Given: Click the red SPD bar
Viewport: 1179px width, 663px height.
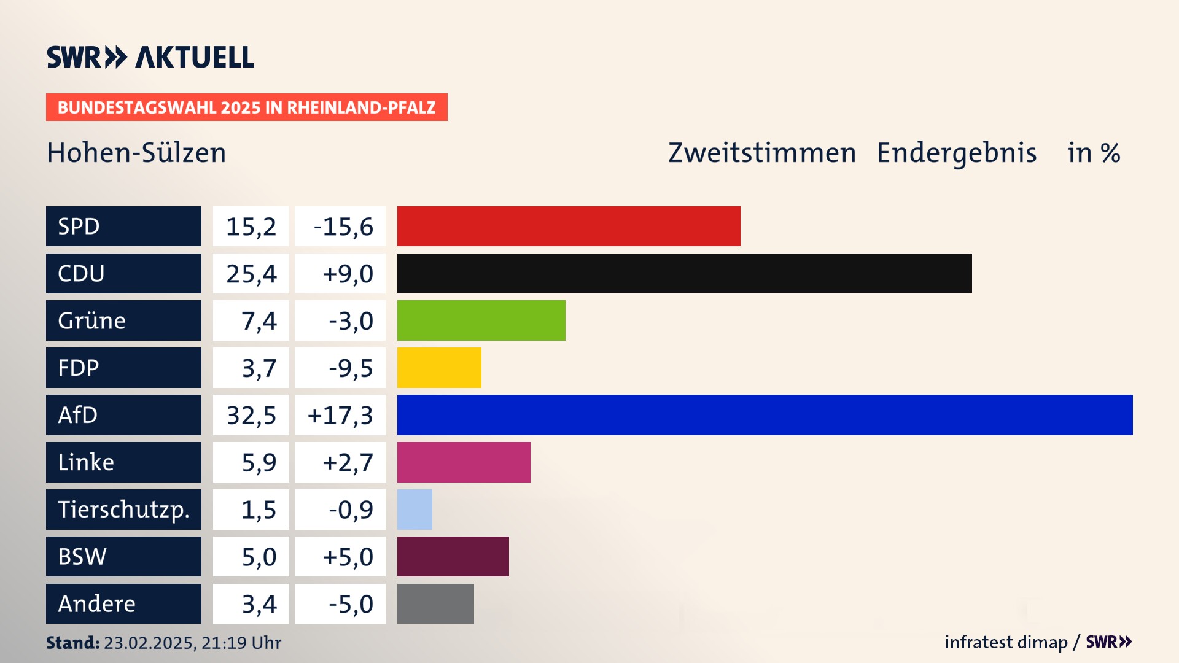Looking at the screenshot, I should [569, 226].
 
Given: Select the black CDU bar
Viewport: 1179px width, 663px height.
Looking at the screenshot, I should [684, 273].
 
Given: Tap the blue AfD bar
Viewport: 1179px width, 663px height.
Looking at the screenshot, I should [765, 415].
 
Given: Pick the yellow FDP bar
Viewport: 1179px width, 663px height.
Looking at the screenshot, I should [439, 368].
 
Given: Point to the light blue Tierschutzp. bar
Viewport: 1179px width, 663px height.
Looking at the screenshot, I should [414, 510].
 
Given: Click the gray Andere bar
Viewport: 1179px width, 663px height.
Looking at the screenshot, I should [435, 604].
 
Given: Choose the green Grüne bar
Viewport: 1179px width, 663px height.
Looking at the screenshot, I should [481, 320].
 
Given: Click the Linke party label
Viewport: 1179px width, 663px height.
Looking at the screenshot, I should [86, 462].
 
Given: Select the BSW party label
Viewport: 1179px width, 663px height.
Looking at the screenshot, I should [82, 557].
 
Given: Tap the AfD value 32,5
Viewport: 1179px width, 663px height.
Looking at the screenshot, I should [251, 416].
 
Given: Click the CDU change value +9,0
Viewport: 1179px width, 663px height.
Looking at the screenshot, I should [348, 274].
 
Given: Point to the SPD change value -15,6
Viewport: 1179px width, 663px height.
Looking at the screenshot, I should [343, 227].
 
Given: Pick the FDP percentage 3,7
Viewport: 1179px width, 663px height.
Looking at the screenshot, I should [259, 368].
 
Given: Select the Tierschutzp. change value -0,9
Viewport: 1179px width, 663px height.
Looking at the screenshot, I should [351, 510].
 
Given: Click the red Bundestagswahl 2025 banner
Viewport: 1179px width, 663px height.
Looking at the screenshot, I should [246, 107].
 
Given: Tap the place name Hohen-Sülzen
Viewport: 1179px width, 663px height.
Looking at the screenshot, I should [136, 153].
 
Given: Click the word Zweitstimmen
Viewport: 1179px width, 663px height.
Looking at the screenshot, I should [761, 153].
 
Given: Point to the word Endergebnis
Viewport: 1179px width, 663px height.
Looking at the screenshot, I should [956, 153].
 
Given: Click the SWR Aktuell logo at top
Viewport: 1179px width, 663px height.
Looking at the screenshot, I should [150, 57].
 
